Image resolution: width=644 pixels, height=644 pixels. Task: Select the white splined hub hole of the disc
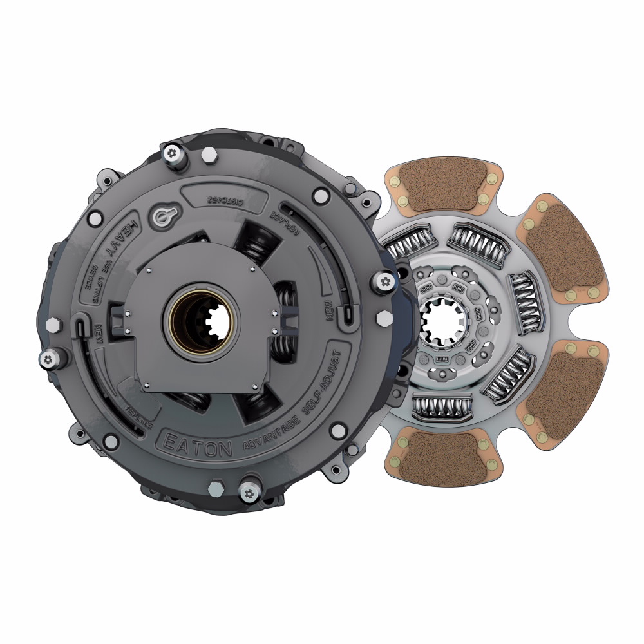click(440, 320)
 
